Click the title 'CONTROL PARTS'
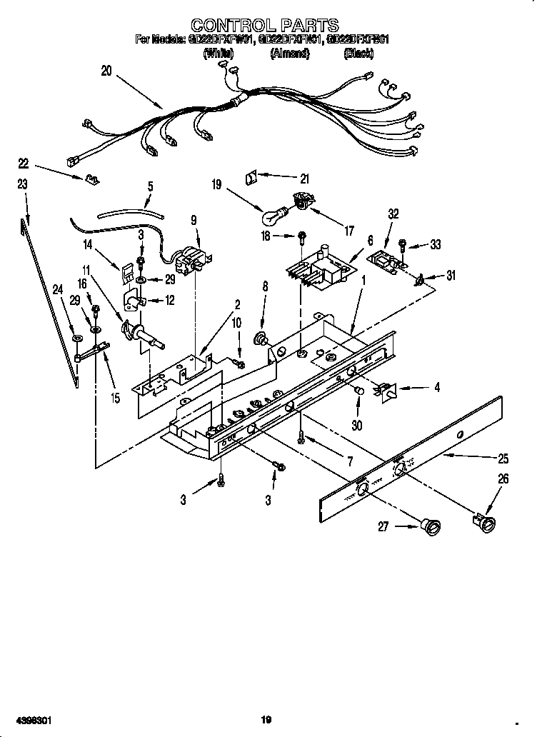(266, 27)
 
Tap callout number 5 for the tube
(150, 186)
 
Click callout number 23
(22, 184)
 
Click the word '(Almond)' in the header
(288, 54)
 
